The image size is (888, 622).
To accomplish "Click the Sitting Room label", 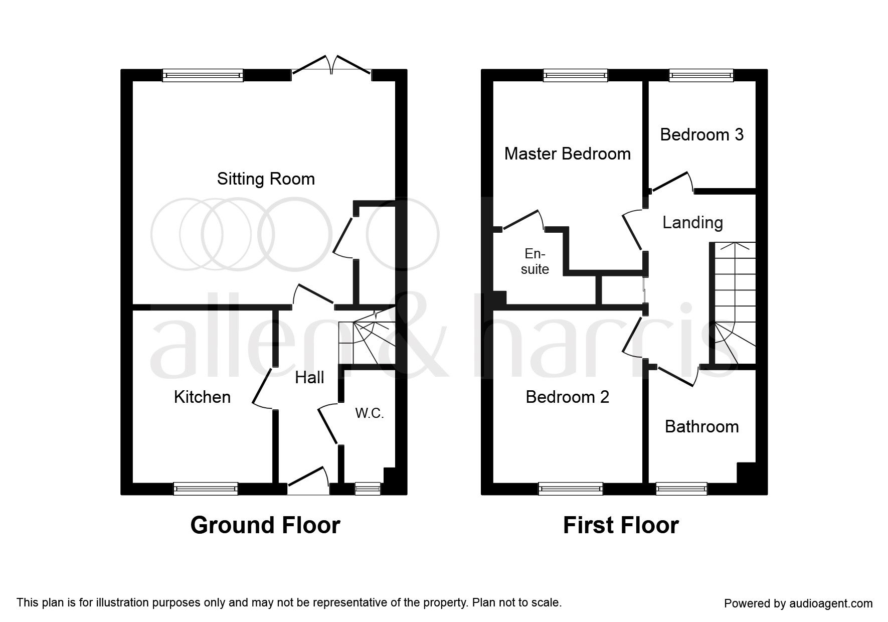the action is (266, 179).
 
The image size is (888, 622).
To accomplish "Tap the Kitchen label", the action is (202, 397).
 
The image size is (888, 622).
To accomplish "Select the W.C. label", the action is (370, 413).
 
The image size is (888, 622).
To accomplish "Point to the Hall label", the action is (309, 378).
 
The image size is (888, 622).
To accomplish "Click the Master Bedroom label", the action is (568, 153).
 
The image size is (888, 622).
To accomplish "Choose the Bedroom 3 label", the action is (702, 134).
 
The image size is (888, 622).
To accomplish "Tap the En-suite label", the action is (535, 261).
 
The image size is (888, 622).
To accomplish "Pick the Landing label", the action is (692, 223).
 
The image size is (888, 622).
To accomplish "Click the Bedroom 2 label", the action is (568, 397).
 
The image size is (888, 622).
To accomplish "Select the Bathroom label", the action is (702, 427).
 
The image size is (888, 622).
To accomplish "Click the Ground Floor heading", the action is (265, 525).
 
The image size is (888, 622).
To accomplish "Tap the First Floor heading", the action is (621, 525).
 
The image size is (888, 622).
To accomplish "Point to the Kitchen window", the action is (206, 489).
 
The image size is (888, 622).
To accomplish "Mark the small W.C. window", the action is (368, 489).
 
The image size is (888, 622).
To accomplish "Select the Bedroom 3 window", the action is (701, 75).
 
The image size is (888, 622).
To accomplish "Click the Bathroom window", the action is (681, 489).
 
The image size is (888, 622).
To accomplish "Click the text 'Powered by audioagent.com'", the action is (798, 603).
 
